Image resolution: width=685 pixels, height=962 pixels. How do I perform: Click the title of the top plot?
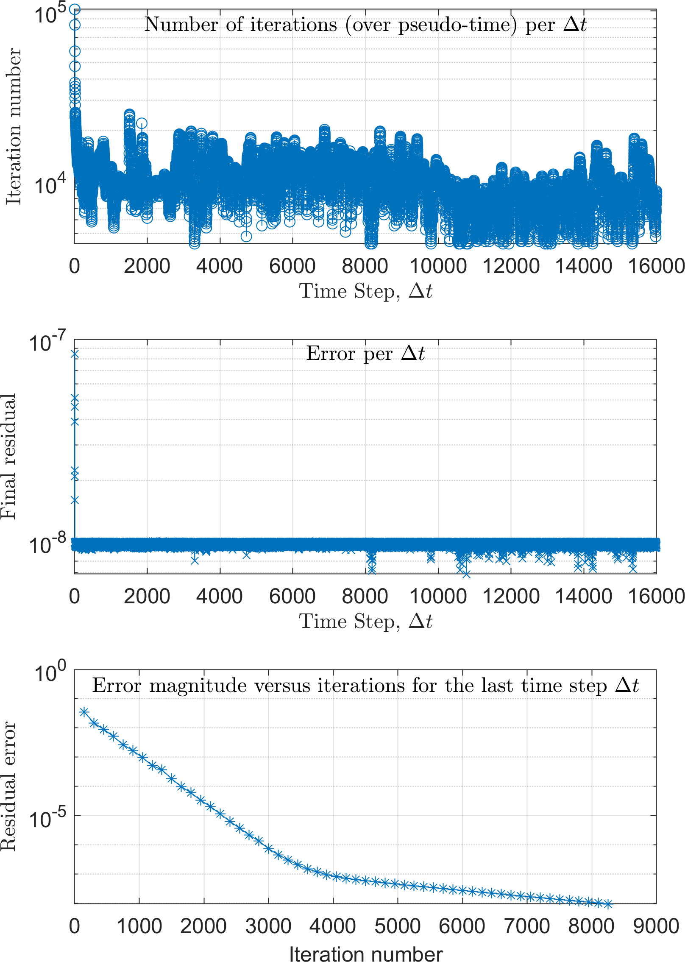point(365,25)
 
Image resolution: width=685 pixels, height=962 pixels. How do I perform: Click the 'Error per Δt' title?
point(365,354)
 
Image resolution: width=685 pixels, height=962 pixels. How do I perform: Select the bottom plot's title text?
point(365,685)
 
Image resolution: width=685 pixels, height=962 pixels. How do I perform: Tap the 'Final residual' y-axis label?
point(8,456)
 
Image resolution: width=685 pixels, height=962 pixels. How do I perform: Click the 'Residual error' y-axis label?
point(8,786)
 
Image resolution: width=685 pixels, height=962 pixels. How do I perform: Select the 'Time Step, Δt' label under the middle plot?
point(365,622)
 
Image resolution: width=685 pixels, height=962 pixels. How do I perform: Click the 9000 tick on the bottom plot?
point(656,927)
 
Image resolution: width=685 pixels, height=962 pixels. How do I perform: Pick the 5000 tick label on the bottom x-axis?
point(397,927)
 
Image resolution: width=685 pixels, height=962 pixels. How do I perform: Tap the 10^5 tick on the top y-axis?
point(50,14)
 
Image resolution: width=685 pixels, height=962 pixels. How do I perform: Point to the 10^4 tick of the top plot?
point(50,184)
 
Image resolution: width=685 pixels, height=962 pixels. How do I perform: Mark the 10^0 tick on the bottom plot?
point(50,672)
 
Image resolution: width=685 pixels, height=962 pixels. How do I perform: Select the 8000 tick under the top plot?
point(365,266)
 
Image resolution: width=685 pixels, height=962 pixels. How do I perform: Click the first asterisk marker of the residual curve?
point(84,712)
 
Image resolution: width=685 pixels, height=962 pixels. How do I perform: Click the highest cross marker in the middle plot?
point(75,354)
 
